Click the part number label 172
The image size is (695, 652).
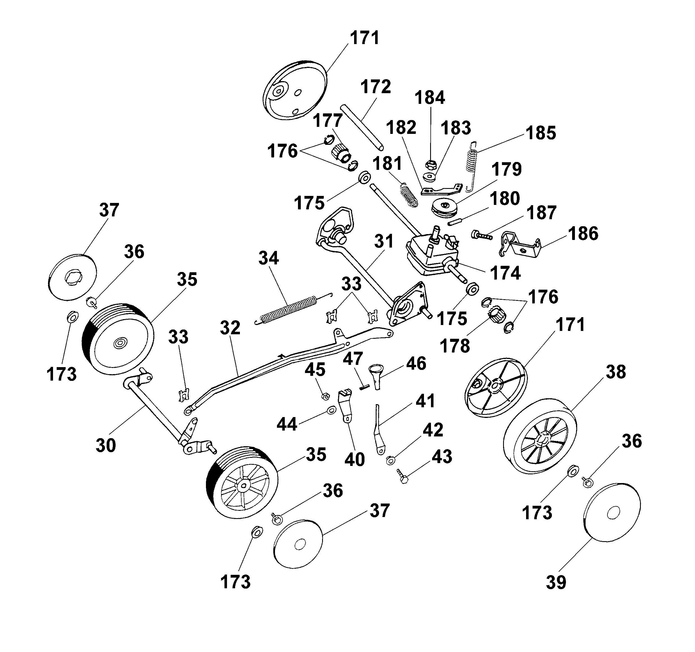(x=375, y=86)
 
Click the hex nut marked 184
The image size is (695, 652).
(x=430, y=164)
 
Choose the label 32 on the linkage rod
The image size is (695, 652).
(x=230, y=328)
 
